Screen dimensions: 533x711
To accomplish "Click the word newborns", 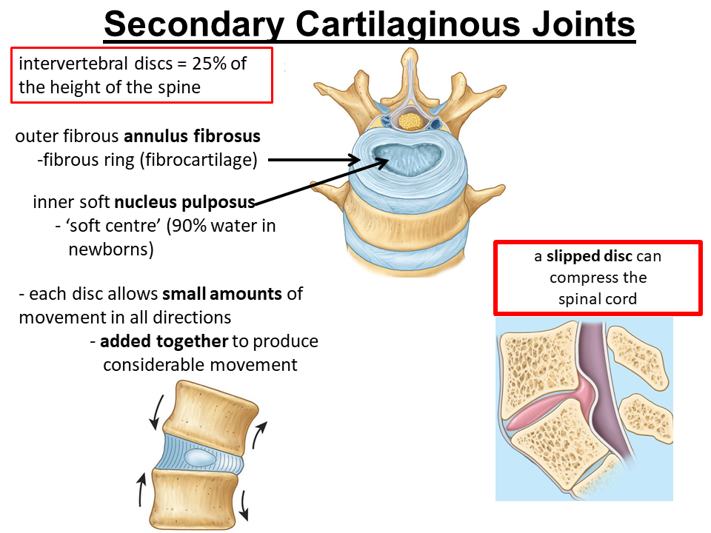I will tap(111, 249).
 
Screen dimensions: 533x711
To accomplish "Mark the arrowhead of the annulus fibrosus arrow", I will tap(354, 158).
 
